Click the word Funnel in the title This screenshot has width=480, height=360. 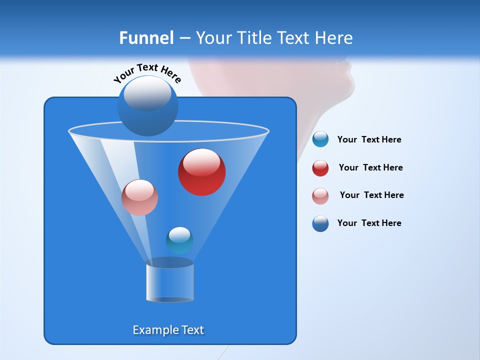[146, 38]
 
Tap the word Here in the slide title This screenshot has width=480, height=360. [334, 38]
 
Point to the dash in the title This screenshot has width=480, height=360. [184, 38]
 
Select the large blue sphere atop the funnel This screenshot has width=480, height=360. [147, 106]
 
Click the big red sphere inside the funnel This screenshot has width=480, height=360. [201, 171]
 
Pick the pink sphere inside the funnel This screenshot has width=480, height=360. [139, 197]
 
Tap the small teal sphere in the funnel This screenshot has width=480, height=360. [179, 240]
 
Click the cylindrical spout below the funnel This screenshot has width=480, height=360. [169, 282]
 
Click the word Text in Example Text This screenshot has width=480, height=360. [192, 330]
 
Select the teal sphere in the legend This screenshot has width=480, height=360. [320, 139]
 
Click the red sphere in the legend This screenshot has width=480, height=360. [320, 168]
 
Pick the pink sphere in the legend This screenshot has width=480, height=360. [320, 196]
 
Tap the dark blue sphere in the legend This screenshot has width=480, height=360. [320, 223]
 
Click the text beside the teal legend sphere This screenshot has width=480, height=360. [369, 139]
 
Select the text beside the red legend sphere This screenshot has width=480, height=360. [370, 167]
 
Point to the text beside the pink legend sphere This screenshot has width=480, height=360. [371, 195]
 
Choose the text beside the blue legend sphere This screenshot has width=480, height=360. [369, 223]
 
